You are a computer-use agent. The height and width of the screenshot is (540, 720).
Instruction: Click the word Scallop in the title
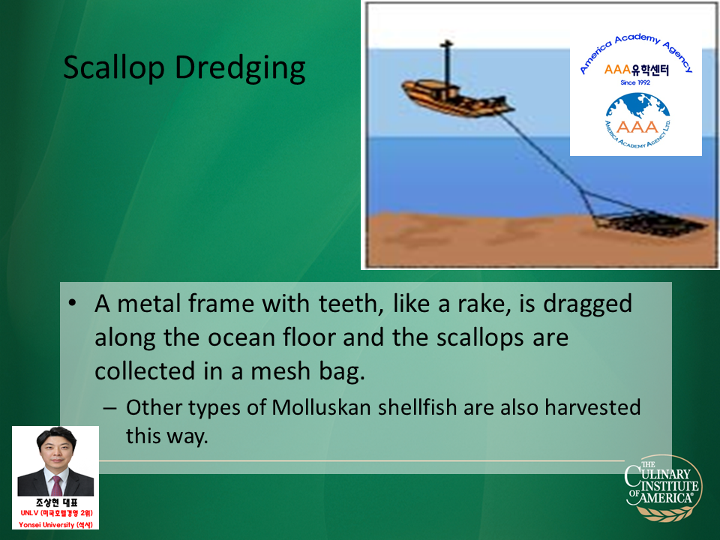point(114,68)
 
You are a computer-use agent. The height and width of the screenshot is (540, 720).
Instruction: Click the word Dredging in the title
point(240,68)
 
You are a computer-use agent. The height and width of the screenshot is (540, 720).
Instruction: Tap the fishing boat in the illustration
point(457,97)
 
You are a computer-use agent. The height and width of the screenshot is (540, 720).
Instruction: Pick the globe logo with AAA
point(637,120)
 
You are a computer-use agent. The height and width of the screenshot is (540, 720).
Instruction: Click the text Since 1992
point(635,82)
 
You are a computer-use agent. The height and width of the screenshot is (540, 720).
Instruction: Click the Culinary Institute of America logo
point(663,487)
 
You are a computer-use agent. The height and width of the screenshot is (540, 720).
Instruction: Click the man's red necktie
point(56,485)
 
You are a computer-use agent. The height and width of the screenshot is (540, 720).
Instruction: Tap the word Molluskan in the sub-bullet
point(321,408)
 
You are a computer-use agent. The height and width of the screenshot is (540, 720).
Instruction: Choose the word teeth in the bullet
point(351,304)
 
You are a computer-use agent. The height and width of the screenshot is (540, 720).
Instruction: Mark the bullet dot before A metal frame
point(72,304)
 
